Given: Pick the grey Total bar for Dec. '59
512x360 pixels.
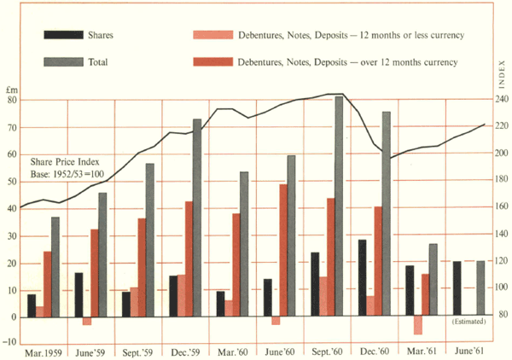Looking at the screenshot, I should [x=197, y=218].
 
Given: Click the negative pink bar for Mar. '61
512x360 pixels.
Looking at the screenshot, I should [x=418, y=325].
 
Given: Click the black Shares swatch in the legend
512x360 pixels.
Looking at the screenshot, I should [x=62, y=35].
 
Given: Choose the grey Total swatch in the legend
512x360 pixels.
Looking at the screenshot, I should [x=62, y=62].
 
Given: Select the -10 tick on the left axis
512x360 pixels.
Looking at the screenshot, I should [x=13, y=343].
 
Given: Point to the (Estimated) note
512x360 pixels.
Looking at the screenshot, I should [x=468, y=322].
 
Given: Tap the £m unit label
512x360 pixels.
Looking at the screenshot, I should [x=11, y=89].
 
